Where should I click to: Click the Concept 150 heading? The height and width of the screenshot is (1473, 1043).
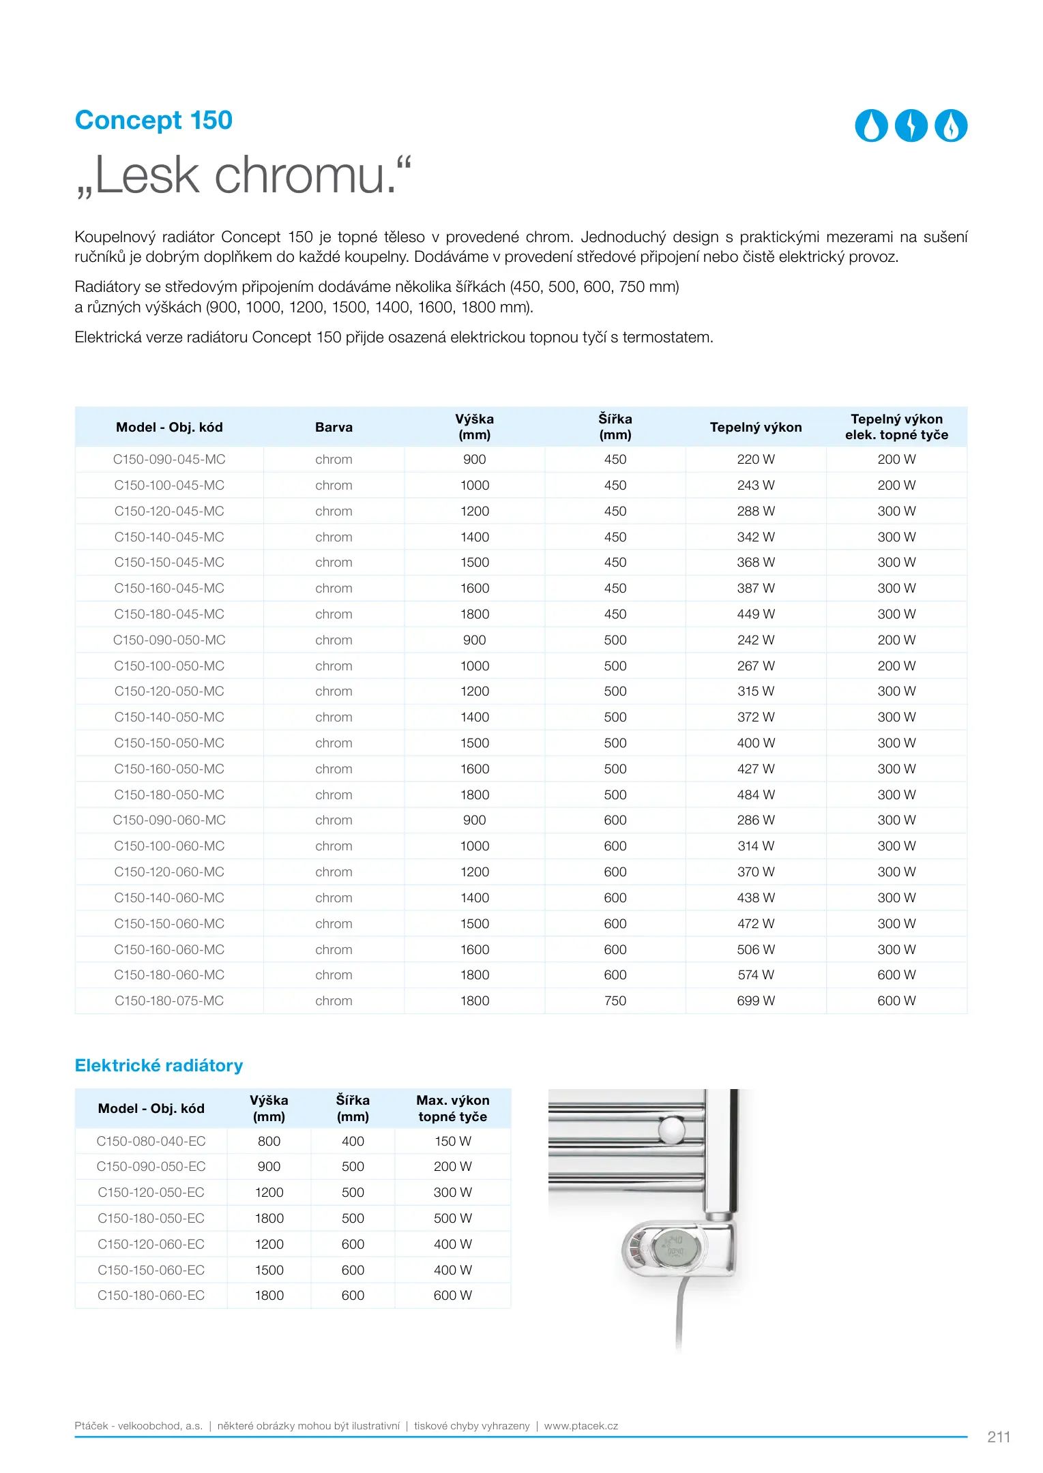[153, 120]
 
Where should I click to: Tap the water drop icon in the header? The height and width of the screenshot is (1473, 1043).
[871, 126]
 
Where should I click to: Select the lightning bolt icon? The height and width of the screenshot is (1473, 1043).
[911, 126]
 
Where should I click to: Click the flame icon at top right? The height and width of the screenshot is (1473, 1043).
[951, 126]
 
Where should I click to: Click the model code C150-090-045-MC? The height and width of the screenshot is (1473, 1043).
[169, 460]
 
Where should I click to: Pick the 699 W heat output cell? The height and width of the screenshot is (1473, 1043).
[756, 1001]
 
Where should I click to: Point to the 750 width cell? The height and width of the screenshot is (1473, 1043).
[615, 1001]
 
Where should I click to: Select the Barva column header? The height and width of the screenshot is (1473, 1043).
[334, 428]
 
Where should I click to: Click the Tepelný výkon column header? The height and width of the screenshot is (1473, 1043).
[756, 428]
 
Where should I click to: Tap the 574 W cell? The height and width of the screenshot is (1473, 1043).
[756, 975]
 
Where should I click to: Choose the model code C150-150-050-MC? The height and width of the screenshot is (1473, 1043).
[169, 743]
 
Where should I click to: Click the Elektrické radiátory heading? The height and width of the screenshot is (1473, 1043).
[159, 1066]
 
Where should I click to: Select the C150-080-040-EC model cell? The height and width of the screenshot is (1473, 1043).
[151, 1142]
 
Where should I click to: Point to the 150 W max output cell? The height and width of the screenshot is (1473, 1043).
[453, 1142]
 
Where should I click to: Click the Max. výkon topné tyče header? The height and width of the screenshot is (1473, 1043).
[453, 1108]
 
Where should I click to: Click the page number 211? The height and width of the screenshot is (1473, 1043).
[999, 1437]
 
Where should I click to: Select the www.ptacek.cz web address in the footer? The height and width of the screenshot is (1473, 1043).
[581, 1426]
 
